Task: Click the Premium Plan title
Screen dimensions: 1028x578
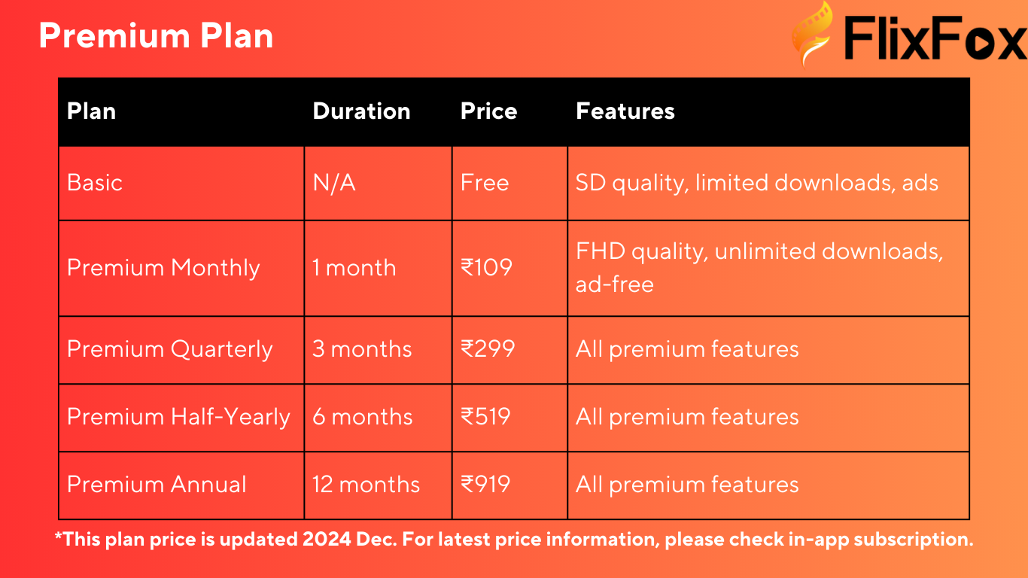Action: (156, 36)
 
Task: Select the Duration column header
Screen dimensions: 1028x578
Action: (361, 111)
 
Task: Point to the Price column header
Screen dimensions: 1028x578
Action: (488, 111)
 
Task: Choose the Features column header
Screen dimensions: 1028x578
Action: (625, 111)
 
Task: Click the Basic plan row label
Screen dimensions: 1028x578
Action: (95, 183)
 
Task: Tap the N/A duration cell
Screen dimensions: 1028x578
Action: (334, 183)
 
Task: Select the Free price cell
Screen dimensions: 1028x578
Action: (485, 183)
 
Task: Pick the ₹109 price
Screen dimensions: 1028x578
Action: (486, 267)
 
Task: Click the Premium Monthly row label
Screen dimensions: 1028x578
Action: (163, 268)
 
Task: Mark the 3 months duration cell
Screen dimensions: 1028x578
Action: (362, 349)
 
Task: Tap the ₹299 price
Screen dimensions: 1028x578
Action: (488, 349)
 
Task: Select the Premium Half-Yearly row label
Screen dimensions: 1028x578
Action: (178, 417)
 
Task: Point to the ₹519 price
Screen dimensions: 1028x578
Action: (485, 417)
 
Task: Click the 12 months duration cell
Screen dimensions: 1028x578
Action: (366, 485)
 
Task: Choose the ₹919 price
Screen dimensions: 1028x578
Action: (485, 485)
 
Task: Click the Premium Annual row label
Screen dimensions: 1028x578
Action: (157, 485)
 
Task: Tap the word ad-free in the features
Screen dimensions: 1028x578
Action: (615, 284)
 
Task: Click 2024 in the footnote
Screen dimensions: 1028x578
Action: (327, 540)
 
